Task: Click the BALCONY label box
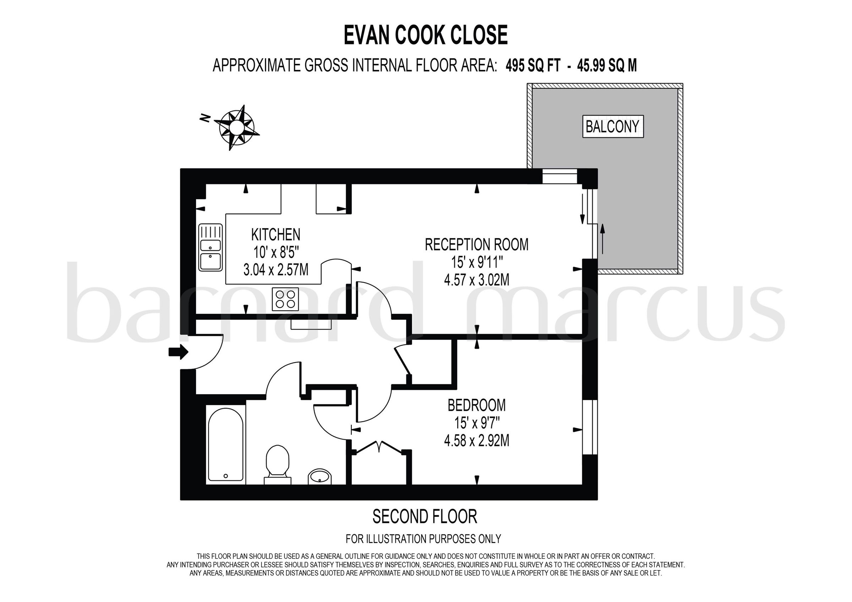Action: (x=612, y=127)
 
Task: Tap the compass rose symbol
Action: (x=236, y=128)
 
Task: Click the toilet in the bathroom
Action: (x=277, y=464)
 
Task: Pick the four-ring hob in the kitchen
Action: (x=285, y=299)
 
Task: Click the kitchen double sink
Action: (x=211, y=247)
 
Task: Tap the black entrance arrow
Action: (x=179, y=352)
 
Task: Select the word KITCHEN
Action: (x=276, y=235)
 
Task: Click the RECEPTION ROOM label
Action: (x=476, y=245)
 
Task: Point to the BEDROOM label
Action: (x=476, y=405)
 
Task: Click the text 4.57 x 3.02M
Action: (x=476, y=280)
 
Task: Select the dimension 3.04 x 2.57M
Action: (x=276, y=270)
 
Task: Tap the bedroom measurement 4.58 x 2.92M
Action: (x=476, y=441)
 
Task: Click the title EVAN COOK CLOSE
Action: (x=426, y=35)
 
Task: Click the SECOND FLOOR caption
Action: (x=425, y=517)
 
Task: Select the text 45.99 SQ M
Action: (x=607, y=66)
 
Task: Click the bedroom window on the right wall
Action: (x=589, y=427)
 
